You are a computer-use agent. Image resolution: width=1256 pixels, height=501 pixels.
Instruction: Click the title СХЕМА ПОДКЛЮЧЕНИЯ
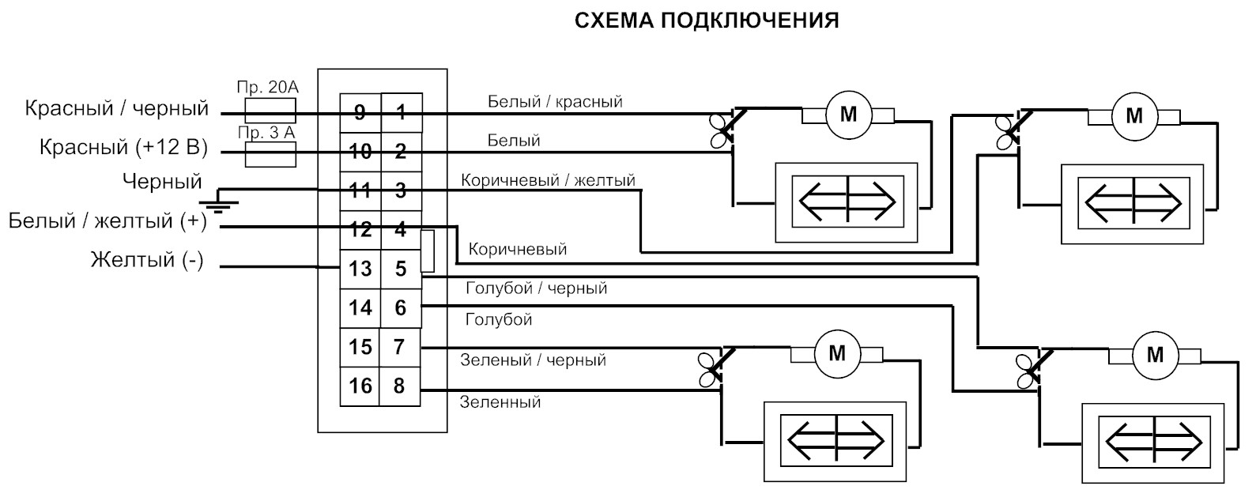point(707,21)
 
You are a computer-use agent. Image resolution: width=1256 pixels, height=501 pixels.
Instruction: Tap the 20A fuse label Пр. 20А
point(267,88)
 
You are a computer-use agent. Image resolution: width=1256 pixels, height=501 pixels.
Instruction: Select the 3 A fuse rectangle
point(270,154)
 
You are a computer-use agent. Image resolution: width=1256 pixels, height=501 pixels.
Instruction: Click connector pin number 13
point(360,269)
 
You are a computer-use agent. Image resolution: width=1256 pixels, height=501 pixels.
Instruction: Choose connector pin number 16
point(360,386)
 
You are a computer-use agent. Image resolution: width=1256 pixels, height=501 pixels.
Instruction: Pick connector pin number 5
point(400,269)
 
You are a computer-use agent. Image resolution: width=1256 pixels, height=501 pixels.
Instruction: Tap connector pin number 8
point(399,386)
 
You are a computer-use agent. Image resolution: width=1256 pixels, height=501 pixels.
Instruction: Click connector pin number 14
point(360,307)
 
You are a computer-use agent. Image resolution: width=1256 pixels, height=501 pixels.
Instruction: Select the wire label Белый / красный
point(555,101)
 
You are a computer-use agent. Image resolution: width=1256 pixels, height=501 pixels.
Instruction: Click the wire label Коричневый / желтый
point(548,180)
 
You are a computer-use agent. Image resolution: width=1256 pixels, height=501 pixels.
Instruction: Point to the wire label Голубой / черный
point(536,288)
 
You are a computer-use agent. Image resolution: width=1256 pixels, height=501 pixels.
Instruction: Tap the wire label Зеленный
point(500,401)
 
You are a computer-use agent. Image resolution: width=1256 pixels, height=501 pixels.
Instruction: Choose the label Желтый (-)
point(147,260)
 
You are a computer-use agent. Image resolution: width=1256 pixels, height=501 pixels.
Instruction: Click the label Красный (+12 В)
point(123,147)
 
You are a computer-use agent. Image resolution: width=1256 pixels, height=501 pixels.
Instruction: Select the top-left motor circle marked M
point(849,115)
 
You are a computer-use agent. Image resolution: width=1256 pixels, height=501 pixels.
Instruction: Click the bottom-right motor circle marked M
point(1155,355)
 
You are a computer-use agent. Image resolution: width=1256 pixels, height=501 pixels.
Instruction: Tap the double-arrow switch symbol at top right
point(1133,203)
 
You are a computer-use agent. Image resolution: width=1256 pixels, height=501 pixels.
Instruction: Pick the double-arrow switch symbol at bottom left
point(835,440)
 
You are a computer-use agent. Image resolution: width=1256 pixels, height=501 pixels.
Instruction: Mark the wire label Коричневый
point(518,250)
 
